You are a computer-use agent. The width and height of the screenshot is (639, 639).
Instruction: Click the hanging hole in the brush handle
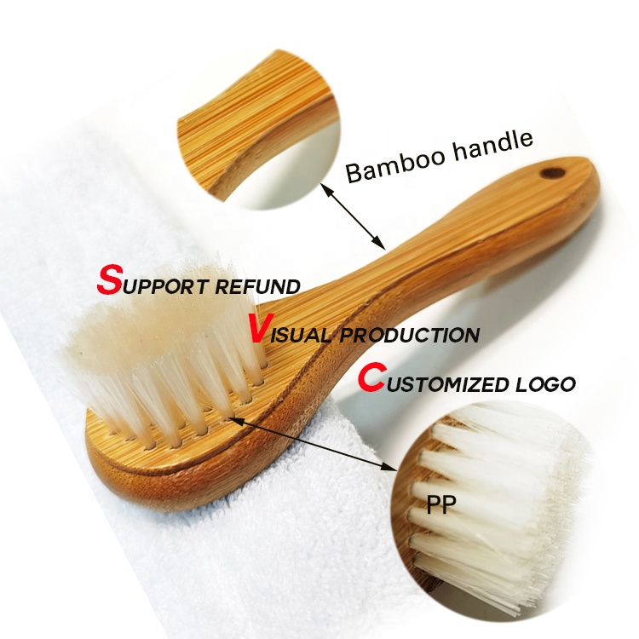click(x=554, y=173)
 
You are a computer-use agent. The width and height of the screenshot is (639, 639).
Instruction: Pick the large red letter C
click(x=371, y=377)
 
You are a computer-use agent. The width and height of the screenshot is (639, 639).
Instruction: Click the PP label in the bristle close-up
click(x=440, y=506)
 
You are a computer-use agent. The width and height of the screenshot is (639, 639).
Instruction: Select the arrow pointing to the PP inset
click(x=314, y=443)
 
